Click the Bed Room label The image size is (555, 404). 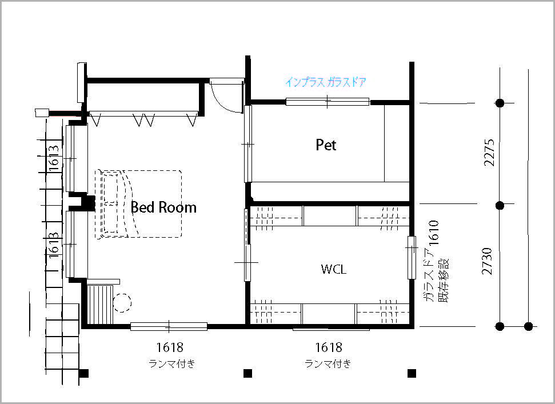(x=163, y=207)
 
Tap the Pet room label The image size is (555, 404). (x=326, y=145)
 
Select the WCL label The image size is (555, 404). (x=333, y=269)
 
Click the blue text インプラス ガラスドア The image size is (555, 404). (x=326, y=82)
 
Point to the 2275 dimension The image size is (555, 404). (x=489, y=153)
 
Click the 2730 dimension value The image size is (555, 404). (x=487, y=261)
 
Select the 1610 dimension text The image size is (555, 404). (x=434, y=233)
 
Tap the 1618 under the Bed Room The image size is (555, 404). (x=170, y=347)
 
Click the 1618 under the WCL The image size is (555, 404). (x=329, y=347)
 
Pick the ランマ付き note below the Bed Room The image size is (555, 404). (x=172, y=363)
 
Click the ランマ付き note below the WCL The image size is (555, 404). (x=328, y=363)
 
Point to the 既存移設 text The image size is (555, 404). (x=443, y=280)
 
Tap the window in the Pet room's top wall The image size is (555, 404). (x=328, y=102)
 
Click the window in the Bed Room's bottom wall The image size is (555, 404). (x=169, y=326)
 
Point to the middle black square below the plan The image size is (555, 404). (x=247, y=373)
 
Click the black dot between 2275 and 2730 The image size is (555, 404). (x=500, y=205)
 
